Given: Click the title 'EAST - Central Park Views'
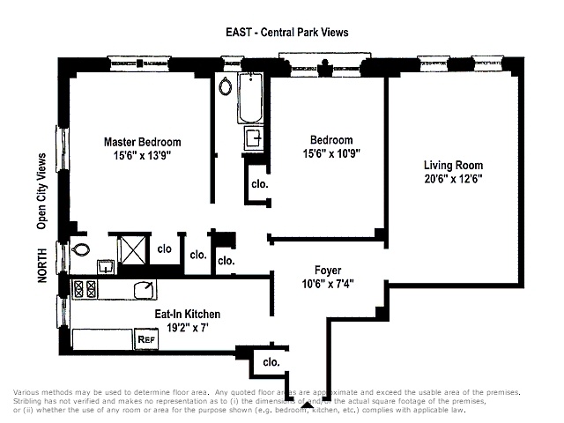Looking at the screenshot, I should (287, 33).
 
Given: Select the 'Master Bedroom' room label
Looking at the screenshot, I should (142, 142).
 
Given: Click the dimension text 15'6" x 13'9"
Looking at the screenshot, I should (142, 157).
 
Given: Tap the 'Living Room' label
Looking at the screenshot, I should (453, 165).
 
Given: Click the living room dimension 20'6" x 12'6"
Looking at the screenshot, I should (453, 179).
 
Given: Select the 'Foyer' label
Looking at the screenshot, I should (328, 270).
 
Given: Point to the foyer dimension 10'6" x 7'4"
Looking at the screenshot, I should (328, 284).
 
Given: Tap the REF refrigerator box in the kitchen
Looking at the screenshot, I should (145, 338).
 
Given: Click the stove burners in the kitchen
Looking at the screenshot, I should (85, 288).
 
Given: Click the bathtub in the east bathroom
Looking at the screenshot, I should (249, 99).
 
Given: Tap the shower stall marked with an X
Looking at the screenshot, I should (133, 250).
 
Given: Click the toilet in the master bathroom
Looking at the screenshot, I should (81, 249).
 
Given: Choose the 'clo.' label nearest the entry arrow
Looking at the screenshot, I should (271, 361).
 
